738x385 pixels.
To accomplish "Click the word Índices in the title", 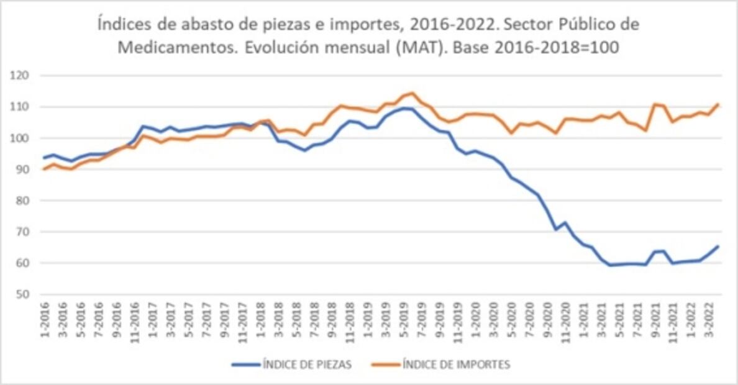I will click(121, 25).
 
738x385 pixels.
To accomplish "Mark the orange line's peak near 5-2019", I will click(412, 93).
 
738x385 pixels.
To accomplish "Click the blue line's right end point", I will click(719, 247).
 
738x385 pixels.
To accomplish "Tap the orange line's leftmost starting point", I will click(43, 169).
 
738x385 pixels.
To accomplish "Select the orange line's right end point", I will click(719, 104).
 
